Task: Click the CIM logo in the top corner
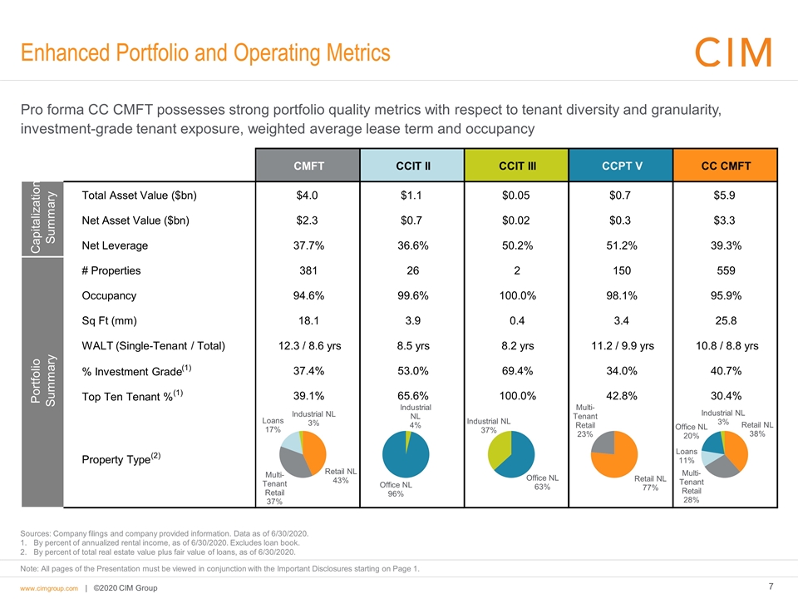coord(732,52)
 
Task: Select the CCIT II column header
coord(411,165)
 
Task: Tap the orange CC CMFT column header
coord(726,165)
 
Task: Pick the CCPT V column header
coord(621,165)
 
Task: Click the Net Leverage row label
coord(116,245)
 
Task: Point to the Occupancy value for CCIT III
coord(516,295)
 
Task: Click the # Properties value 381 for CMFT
coord(307,270)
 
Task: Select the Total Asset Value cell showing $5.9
coord(726,196)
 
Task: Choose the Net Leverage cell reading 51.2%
coord(621,245)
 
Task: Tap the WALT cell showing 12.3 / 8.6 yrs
coord(307,345)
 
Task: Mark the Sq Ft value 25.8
coord(726,320)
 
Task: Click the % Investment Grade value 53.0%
coord(411,370)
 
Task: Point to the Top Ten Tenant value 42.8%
coord(621,395)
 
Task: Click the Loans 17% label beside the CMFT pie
coord(272,425)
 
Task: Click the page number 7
coord(772,587)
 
